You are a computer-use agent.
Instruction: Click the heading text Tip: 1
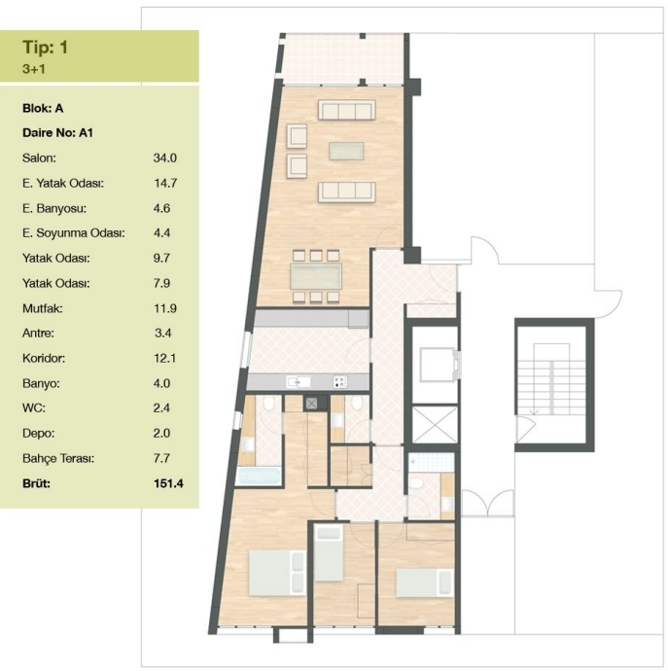45,47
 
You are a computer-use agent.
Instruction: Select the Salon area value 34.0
164,158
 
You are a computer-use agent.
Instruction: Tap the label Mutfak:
43,308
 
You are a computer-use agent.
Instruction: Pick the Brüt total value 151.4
168,483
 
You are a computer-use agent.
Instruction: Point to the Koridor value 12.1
164,358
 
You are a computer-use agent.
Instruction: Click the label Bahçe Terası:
58,459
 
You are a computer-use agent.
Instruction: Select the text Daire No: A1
57,132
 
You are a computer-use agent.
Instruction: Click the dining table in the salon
316,276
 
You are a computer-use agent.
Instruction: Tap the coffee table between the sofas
346,151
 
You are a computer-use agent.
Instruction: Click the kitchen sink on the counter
299,382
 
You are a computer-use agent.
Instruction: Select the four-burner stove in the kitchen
340,382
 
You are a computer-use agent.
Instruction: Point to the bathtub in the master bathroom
259,476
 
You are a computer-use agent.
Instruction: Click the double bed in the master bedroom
277,573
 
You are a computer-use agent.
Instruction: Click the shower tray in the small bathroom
431,463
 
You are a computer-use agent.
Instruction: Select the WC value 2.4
161,407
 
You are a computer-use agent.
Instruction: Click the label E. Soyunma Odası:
73,233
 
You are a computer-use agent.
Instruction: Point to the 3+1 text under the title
34,69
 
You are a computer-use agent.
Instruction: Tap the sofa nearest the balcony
346,110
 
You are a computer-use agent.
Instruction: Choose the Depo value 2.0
161,433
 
